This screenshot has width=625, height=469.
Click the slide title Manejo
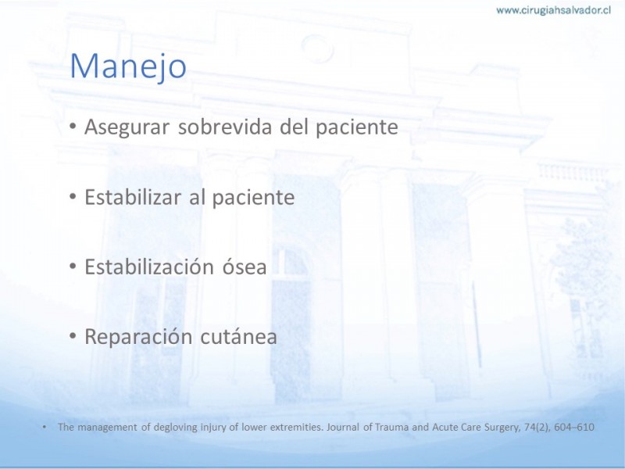tap(128, 66)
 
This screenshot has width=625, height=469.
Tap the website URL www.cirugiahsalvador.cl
tap(554, 10)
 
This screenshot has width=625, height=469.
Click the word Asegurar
tap(127, 127)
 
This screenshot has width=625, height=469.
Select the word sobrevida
tap(225, 127)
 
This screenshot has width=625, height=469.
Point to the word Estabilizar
tap(133, 197)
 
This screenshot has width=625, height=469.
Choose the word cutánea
tap(238, 336)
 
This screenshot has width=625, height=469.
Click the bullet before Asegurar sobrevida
tap(72, 127)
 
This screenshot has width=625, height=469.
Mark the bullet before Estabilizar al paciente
tap(72, 196)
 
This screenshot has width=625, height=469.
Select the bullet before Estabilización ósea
tap(72, 266)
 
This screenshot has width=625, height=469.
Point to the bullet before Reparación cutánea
tap(72, 336)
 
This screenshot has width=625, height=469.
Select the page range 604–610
tap(574, 427)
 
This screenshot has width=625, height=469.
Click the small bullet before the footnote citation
tap(45, 427)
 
